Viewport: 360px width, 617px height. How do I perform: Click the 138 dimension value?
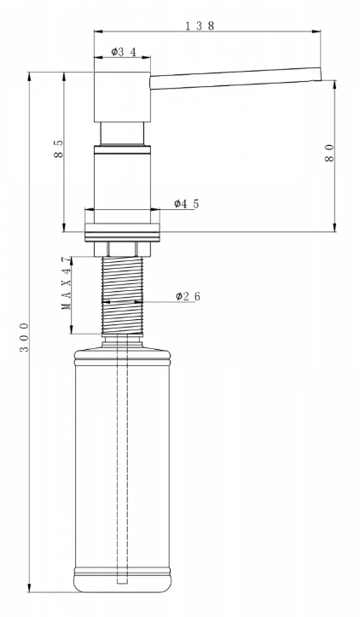pos(200,26)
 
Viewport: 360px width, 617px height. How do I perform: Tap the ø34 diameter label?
pos(124,51)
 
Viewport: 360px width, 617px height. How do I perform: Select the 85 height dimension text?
pos(58,148)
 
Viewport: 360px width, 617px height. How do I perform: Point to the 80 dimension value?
pos(329,153)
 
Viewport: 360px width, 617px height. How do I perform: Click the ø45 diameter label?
pos(187,203)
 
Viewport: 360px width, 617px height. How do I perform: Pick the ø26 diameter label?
pos(188,296)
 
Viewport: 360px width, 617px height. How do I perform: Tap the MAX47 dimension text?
pos(67,282)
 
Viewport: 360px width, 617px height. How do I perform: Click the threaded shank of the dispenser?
pos(122,295)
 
